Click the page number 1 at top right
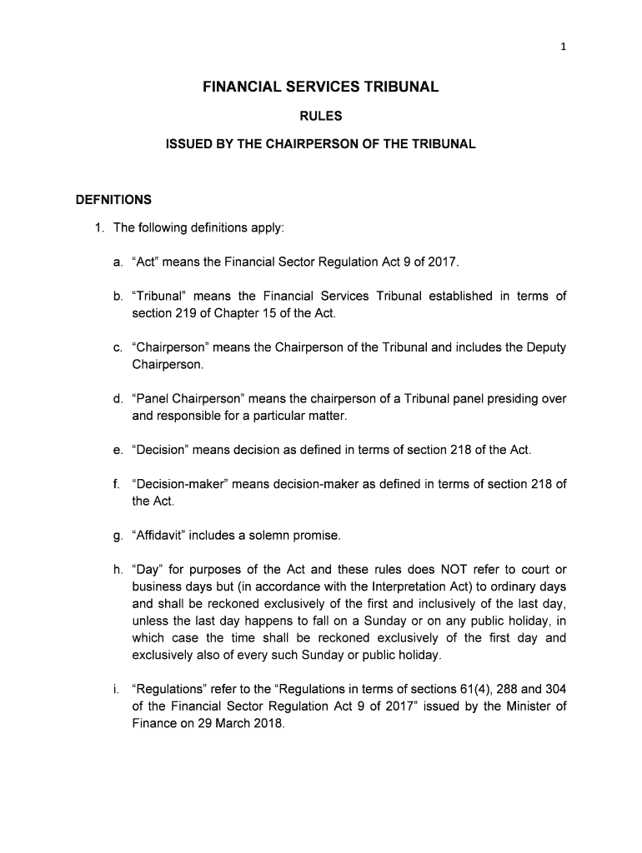(564, 47)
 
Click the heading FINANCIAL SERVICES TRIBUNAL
(321, 87)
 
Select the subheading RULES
(321, 117)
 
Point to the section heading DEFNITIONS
(113, 200)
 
